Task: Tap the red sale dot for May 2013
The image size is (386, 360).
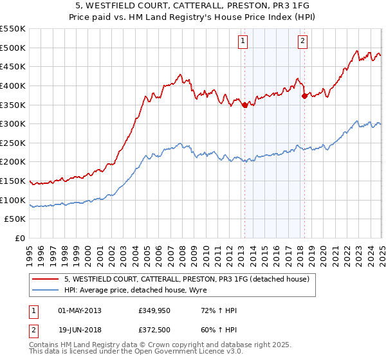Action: (x=244, y=106)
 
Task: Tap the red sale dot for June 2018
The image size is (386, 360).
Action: (x=304, y=96)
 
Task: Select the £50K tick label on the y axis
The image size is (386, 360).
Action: (x=15, y=219)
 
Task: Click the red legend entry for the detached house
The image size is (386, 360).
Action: (x=187, y=279)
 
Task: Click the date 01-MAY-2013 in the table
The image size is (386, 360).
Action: (x=80, y=310)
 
